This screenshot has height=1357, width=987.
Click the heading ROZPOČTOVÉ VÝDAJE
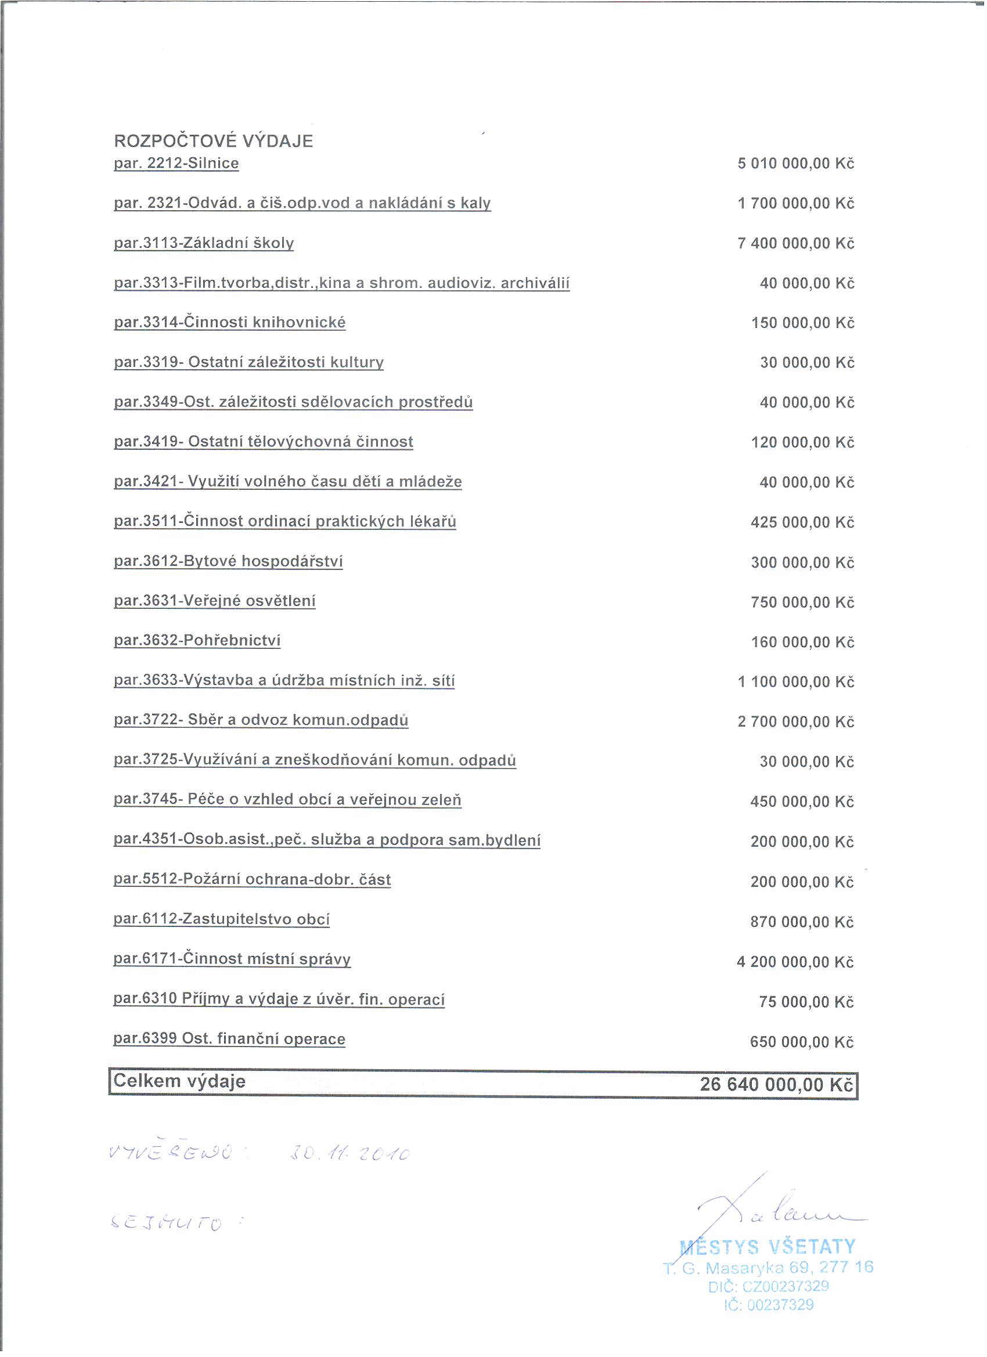pyautogui.click(x=213, y=141)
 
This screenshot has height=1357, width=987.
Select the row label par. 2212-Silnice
pyautogui.click(x=176, y=163)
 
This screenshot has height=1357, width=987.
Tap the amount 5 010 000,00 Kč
pyautogui.click(x=795, y=163)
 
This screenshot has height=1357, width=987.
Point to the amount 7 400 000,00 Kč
pyautogui.click(x=795, y=244)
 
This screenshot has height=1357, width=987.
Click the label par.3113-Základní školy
pyautogui.click(x=204, y=243)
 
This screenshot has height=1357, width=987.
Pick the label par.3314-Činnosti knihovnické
pyautogui.click(x=229, y=323)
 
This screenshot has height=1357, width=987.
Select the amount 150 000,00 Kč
pyautogui.click(x=802, y=323)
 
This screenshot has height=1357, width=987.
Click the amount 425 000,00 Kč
pyautogui.click(x=802, y=522)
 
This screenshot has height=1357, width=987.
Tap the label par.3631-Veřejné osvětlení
pyautogui.click(x=214, y=601)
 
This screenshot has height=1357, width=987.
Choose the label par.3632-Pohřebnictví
pyautogui.click(x=197, y=640)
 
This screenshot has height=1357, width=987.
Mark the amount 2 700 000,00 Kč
pyautogui.click(x=795, y=721)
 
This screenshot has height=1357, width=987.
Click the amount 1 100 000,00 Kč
pyautogui.click(x=795, y=682)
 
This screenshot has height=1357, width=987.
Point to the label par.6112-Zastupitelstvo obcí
pyautogui.click(x=221, y=919)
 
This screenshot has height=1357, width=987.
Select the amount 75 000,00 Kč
pyautogui.click(x=806, y=1002)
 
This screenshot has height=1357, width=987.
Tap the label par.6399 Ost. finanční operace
pyautogui.click(x=229, y=1039)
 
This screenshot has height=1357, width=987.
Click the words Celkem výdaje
pyautogui.click(x=179, y=1081)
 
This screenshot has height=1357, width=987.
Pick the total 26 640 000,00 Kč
pyautogui.click(x=776, y=1084)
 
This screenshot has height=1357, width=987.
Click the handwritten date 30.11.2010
pyautogui.click(x=350, y=1154)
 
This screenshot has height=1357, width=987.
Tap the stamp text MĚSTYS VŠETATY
pyautogui.click(x=768, y=1247)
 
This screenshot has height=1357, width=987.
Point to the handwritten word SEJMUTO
pyautogui.click(x=167, y=1223)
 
